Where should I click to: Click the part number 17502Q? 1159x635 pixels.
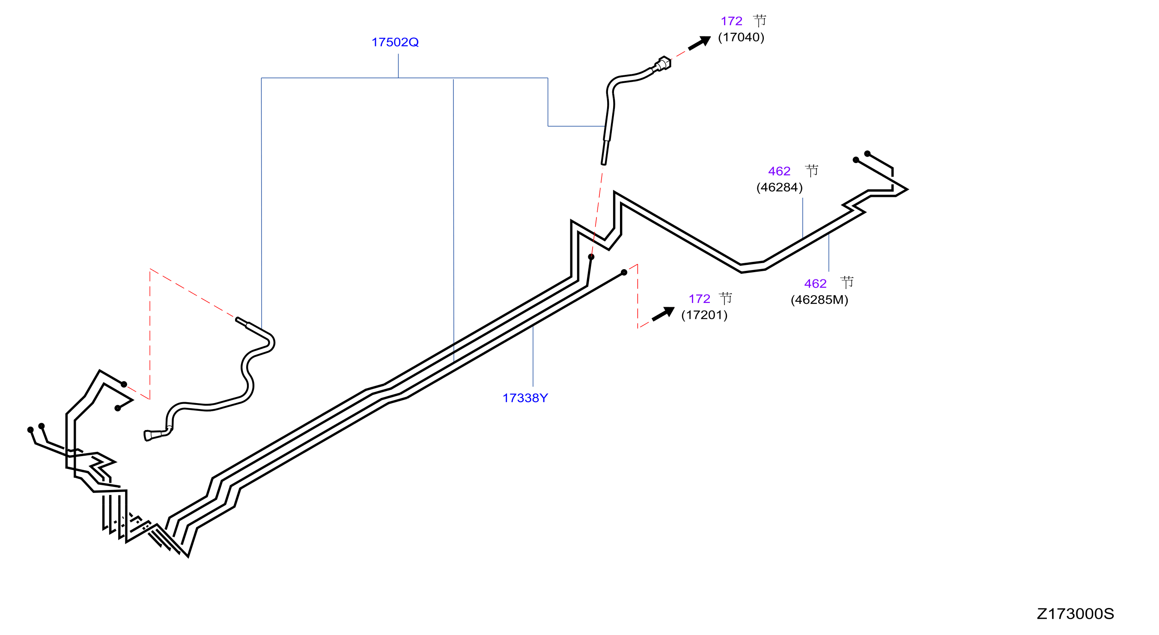coord(395,42)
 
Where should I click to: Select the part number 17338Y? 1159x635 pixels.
coord(524,398)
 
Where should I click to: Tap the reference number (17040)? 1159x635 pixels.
coord(741,37)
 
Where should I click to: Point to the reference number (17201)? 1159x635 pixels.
coord(704,315)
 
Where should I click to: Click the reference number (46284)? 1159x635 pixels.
coord(779,187)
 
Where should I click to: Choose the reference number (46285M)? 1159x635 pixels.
coord(819,300)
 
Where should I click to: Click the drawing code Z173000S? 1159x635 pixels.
coord(1076,614)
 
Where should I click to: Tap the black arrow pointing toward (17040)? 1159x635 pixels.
coord(700,43)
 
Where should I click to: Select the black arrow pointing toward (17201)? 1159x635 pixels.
coord(663,314)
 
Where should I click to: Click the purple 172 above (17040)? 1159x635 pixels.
coord(731,21)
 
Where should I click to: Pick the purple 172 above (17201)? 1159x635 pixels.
coord(699,299)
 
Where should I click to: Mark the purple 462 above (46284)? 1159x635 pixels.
coord(779,171)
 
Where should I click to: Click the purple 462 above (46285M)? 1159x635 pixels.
coord(815,284)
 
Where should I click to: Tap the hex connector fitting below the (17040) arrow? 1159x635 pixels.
coord(662,64)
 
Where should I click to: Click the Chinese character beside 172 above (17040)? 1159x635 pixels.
coord(760,21)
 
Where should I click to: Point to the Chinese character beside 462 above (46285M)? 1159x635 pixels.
coord(847,282)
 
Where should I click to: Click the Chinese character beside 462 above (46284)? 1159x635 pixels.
coord(812,170)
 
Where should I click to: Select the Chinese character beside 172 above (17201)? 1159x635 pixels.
coord(725,298)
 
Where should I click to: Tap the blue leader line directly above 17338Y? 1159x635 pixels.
coord(533,356)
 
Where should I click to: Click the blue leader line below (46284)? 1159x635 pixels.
coord(803,218)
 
